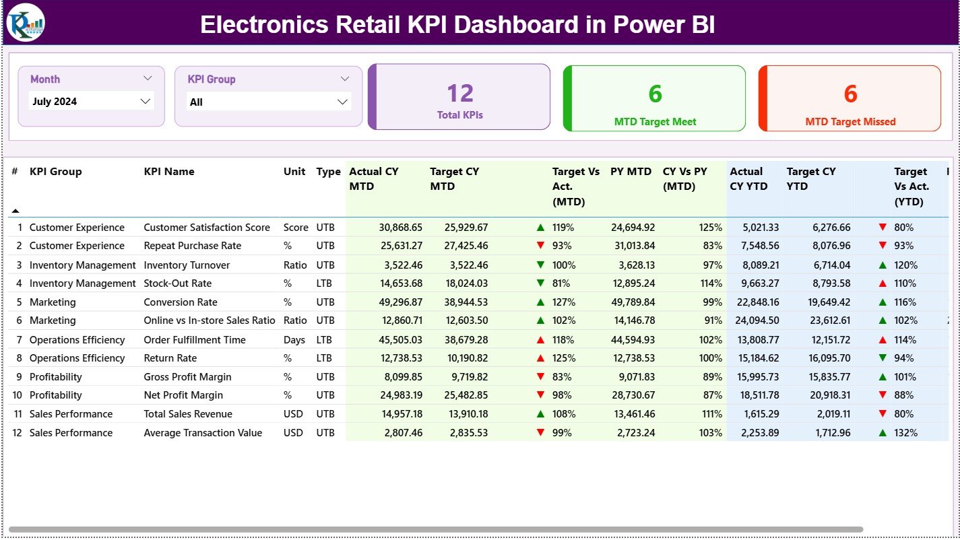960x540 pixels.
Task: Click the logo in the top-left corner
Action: (x=26, y=22)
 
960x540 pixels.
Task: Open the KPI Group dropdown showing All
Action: (x=269, y=102)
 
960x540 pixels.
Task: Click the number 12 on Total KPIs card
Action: (x=460, y=93)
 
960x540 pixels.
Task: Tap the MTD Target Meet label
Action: (x=655, y=122)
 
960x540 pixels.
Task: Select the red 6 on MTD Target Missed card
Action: (x=850, y=94)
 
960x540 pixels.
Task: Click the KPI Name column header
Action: (x=169, y=172)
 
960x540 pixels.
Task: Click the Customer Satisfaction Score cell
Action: (x=207, y=228)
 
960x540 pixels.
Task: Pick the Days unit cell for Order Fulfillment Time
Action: (x=294, y=340)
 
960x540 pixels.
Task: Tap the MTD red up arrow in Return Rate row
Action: (x=540, y=358)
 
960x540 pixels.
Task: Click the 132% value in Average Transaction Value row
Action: (x=905, y=433)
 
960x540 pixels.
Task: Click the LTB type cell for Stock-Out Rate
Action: (x=325, y=283)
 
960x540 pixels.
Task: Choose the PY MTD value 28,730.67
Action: (x=633, y=395)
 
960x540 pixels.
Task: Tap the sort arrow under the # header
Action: (x=15, y=211)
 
